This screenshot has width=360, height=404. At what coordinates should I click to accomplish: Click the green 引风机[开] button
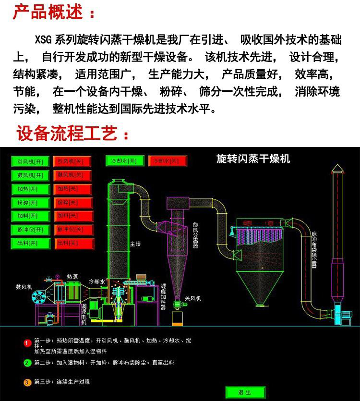click(x=30, y=162)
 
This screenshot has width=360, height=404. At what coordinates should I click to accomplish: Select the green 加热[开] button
click(x=30, y=189)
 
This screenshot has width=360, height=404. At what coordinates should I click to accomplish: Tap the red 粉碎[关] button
click(x=72, y=202)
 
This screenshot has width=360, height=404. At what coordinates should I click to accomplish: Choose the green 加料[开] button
click(x=30, y=216)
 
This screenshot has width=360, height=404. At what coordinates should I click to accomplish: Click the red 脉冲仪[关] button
click(x=72, y=230)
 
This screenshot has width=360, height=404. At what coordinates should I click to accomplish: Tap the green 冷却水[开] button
click(x=124, y=161)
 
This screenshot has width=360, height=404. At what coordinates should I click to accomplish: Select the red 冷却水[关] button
click(x=167, y=161)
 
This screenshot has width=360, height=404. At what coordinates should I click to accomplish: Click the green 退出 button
click(x=245, y=392)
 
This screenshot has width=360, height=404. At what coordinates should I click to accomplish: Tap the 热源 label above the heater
click(x=72, y=277)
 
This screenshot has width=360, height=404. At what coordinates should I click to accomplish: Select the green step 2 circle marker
click(x=27, y=363)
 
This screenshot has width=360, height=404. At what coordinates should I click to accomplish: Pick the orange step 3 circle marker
click(x=27, y=382)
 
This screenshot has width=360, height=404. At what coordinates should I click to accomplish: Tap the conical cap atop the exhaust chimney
click(x=337, y=168)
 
